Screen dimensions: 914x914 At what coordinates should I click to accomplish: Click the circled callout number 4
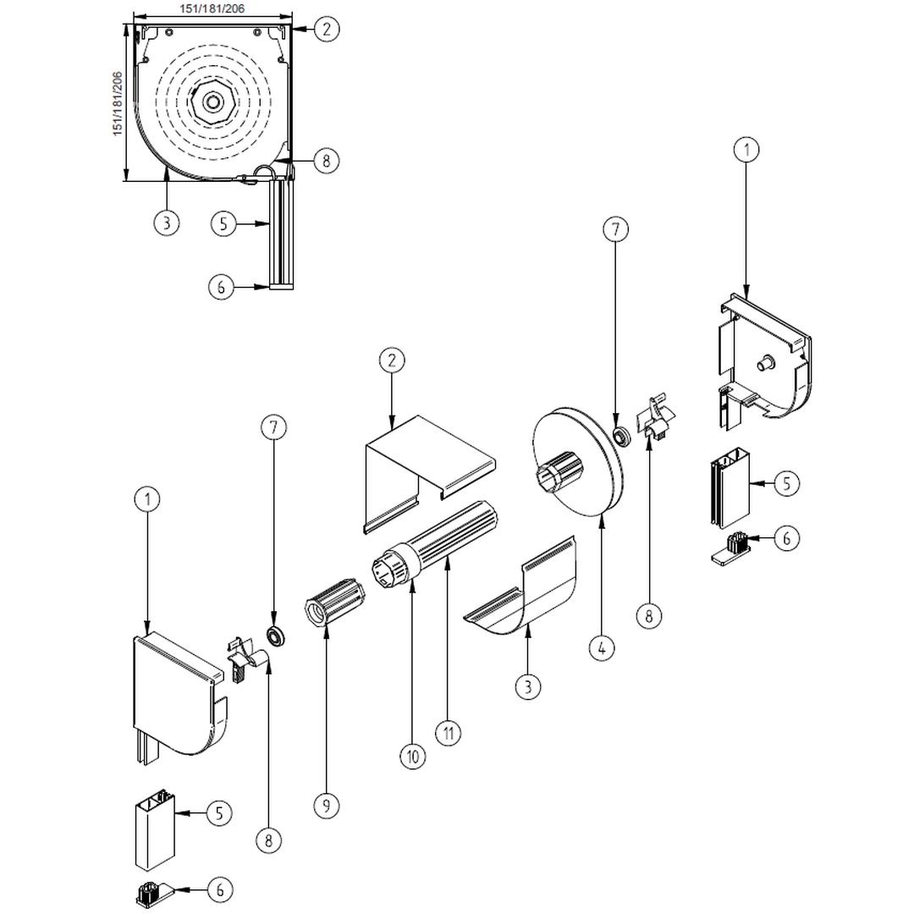point(601,649)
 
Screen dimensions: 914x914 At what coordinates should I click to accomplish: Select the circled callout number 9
point(327,805)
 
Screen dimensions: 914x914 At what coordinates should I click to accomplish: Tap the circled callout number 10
point(413,756)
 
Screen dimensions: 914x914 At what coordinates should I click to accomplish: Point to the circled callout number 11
point(449,731)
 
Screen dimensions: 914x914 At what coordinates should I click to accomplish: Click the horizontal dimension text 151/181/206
point(211,8)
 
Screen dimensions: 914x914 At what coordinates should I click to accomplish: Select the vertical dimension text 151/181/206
point(118,101)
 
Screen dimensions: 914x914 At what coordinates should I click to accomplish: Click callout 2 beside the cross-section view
point(327,29)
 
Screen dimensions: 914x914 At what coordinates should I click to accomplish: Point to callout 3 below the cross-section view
point(167,223)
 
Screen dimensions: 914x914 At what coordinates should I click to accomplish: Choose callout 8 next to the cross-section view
point(326,160)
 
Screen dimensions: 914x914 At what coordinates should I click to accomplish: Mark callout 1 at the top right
point(746,150)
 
